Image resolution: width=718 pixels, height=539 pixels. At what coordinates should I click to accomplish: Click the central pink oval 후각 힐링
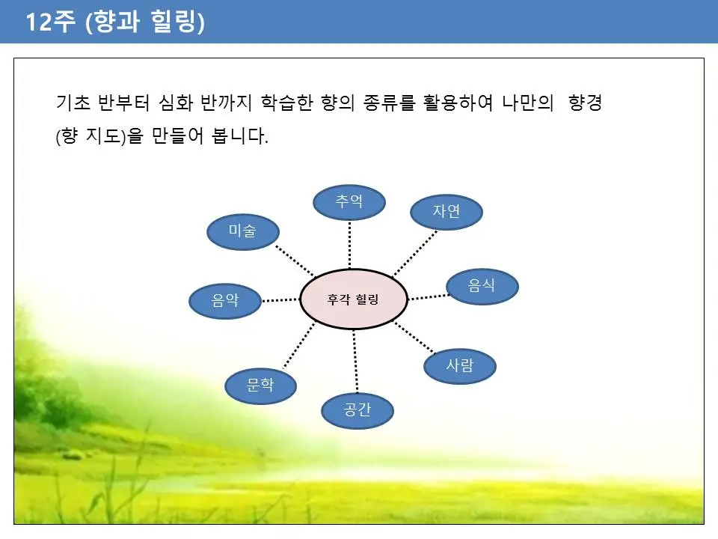[x=353, y=299]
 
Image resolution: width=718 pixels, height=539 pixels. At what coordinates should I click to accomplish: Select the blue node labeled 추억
[x=349, y=202]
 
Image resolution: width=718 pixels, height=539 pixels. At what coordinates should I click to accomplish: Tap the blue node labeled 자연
[x=447, y=212]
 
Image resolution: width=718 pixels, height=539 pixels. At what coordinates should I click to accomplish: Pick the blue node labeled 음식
[x=482, y=286]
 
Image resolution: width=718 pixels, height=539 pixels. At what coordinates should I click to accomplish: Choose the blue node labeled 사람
[x=460, y=366]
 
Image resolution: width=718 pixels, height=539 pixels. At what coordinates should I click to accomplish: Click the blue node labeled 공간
[x=358, y=410]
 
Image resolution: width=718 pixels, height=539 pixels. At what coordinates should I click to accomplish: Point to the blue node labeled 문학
[x=260, y=386]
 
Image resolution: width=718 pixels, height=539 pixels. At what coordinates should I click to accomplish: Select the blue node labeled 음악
[x=225, y=301]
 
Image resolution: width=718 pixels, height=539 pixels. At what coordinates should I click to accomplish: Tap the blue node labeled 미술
[x=242, y=231]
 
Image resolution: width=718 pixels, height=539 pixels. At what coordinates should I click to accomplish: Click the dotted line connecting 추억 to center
[x=349, y=245]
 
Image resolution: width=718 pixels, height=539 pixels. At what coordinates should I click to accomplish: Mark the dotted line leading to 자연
[x=415, y=253]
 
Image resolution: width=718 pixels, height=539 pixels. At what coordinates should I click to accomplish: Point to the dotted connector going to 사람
[x=414, y=338]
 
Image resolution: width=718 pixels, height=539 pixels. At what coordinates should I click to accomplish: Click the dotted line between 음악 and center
[x=280, y=300]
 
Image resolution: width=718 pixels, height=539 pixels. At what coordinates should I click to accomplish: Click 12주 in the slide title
[x=50, y=22]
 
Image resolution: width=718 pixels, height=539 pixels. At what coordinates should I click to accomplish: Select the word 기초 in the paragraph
[x=73, y=103]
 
